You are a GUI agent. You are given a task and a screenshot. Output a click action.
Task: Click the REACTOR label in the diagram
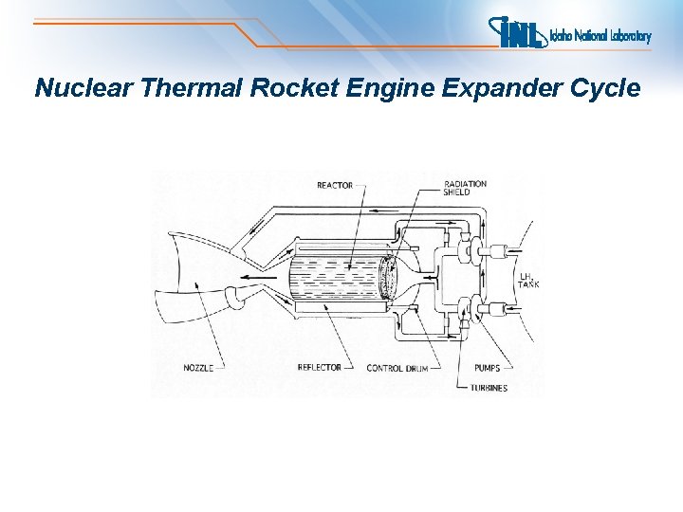[335, 186]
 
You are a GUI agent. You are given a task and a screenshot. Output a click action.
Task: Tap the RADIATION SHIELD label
[465, 188]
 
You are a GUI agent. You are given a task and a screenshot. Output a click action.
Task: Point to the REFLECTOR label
[319, 368]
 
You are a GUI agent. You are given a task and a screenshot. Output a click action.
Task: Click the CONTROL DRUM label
[397, 368]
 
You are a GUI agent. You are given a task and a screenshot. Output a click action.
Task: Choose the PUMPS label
[489, 368]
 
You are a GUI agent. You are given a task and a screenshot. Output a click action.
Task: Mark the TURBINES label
[489, 388]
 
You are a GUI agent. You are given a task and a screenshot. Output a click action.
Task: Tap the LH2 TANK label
[528, 282]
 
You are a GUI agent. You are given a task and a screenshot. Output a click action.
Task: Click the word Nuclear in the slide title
[83, 89]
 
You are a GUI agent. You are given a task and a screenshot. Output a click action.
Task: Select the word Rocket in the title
[287, 89]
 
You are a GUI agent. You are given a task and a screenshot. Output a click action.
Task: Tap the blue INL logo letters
[518, 33]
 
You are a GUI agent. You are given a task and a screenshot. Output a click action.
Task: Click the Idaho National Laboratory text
[600, 37]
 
